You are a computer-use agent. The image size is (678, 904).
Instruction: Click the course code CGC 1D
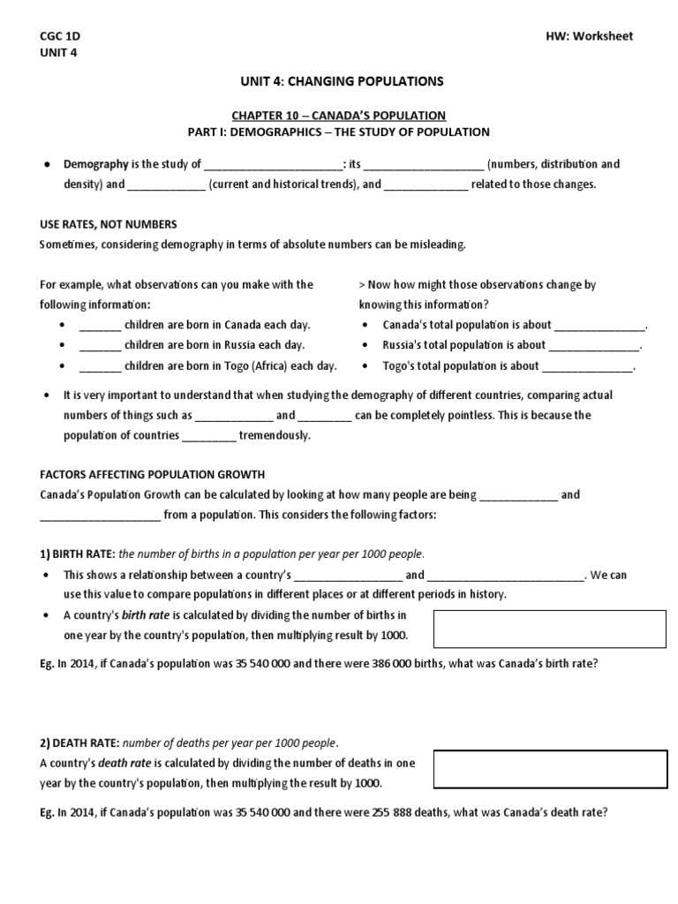pos(59,36)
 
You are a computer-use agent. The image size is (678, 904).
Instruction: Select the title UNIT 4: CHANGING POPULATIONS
pos(338,81)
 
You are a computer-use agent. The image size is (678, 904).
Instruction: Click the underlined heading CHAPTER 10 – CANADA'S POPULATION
pos(338,115)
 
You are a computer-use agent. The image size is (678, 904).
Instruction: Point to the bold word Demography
pos(95,164)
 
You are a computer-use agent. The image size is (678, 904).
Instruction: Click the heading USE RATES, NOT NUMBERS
pos(109,224)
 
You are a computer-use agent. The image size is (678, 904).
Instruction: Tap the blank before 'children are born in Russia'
pos(100,346)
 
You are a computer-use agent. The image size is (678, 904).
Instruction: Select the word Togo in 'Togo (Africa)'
pos(249,365)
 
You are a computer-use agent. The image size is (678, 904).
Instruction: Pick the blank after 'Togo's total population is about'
pos(587,366)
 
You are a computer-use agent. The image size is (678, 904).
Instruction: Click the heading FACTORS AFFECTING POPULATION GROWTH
pos(152,474)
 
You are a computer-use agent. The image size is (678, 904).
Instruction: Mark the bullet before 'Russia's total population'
pos(365,346)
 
